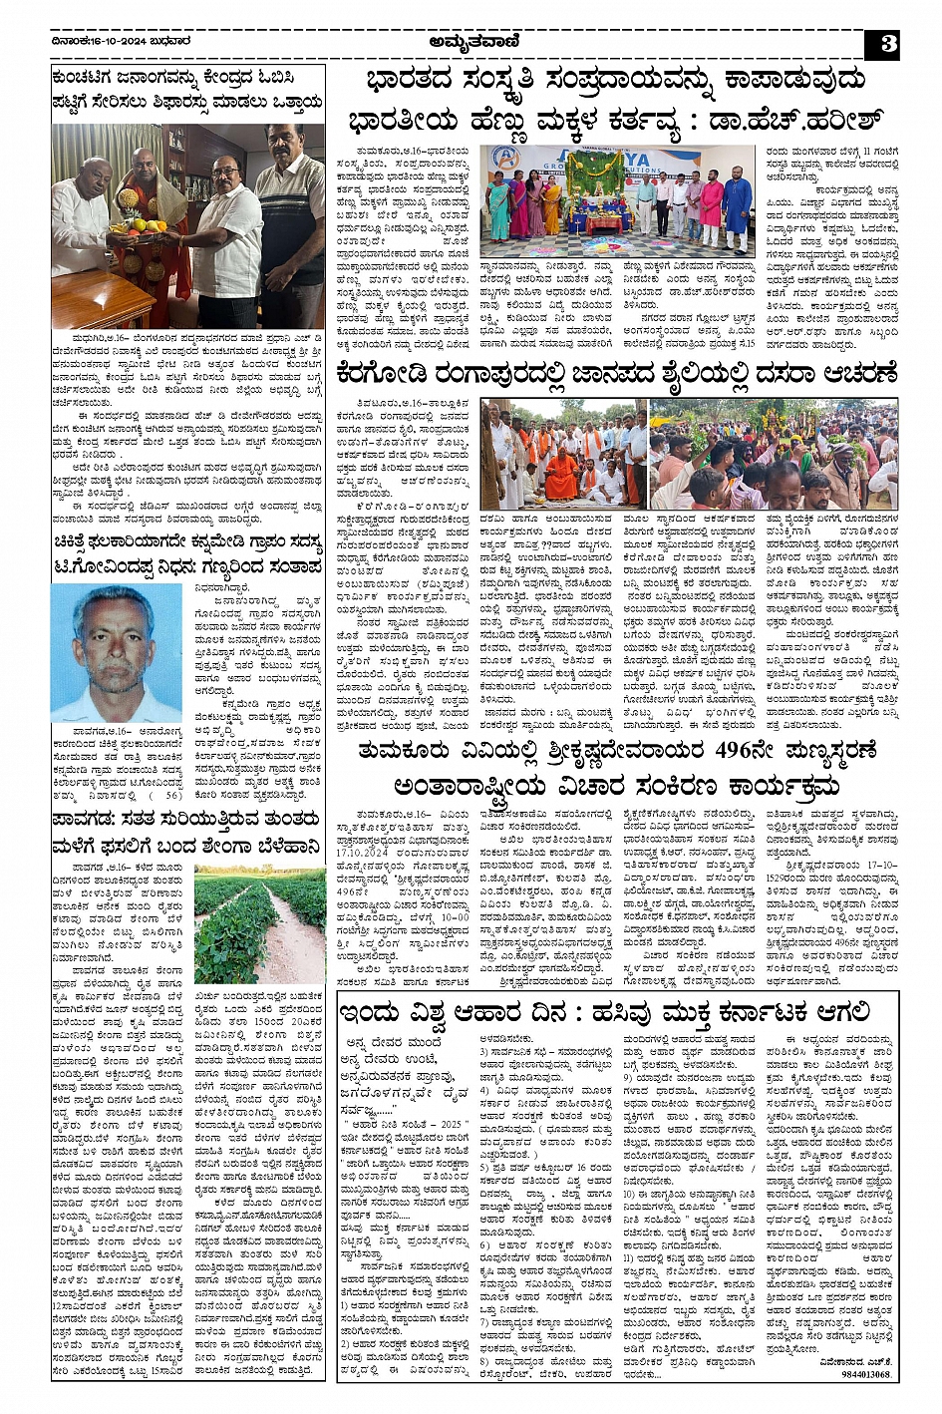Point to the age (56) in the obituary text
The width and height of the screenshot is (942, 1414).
171,795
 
